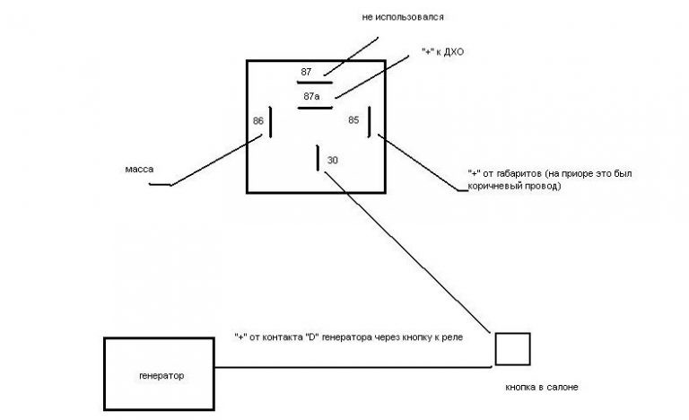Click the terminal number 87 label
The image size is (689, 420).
coord(306,72)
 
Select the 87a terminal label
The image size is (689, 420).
coord(311,96)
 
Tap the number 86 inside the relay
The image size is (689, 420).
coord(258,121)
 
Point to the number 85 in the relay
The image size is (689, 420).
coord(353,120)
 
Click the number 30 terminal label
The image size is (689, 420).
coord(333,161)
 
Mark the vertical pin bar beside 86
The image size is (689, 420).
coord(271,122)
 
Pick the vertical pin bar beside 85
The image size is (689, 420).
coord(370,122)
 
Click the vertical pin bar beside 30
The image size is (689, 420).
coord(318,158)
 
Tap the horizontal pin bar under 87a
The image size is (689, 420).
coord(315,108)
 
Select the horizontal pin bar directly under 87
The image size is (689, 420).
coord(315,83)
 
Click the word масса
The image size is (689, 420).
coord(139,170)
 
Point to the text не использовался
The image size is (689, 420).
coord(403,17)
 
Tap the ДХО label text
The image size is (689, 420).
coord(454,52)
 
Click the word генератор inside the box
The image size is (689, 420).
coord(161,376)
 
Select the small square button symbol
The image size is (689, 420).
coord(513,349)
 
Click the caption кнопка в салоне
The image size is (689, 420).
coord(542,388)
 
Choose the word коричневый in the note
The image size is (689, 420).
coord(493,186)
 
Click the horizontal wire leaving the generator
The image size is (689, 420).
coord(353,367)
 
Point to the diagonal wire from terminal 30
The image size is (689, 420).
coord(407,252)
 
